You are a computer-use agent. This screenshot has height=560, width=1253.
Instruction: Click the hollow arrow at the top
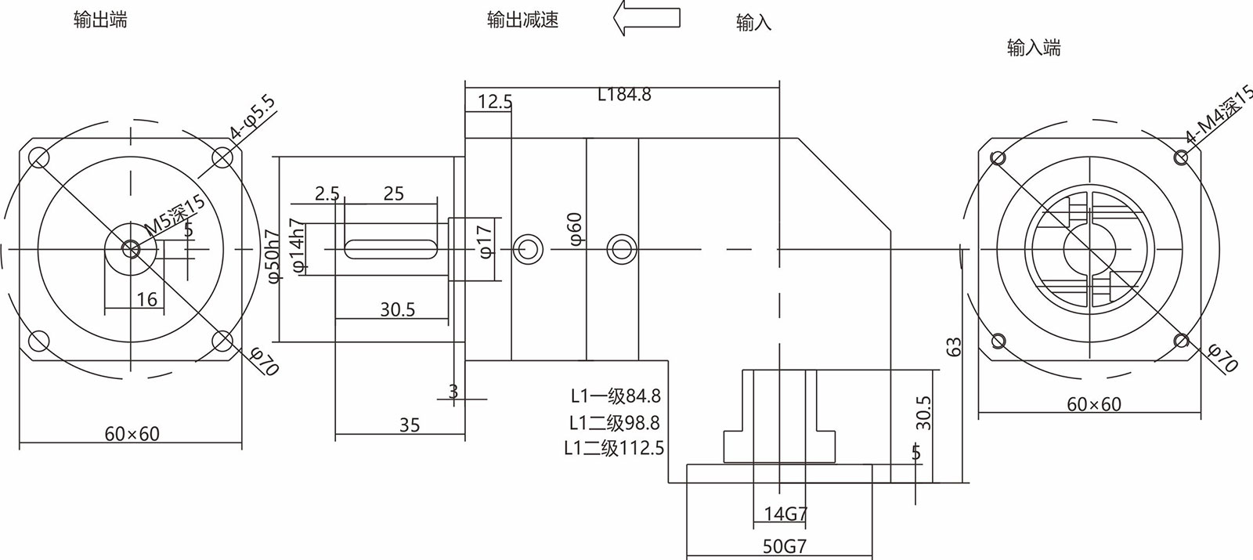tap(646, 17)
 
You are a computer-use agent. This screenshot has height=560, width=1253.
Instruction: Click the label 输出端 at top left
tap(100, 20)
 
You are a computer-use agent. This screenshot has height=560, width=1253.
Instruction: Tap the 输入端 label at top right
tap(1034, 48)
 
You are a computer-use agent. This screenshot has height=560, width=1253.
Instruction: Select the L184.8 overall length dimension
tap(624, 95)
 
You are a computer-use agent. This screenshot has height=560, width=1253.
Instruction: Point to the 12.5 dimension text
tap(495, 102)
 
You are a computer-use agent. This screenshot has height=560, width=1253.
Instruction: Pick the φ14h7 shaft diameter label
tap(297, 245)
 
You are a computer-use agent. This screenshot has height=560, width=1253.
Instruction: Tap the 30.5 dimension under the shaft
tap(397, 310)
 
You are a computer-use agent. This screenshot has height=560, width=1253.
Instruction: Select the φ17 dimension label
tap(484, 241)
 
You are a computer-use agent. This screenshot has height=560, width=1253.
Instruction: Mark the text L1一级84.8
tap(616, 396)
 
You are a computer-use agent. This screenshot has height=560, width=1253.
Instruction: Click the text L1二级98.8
tap(615, 423)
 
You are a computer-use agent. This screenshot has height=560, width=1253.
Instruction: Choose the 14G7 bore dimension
tap(785, 515)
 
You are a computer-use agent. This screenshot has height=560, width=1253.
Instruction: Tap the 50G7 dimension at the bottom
tap(785, 547)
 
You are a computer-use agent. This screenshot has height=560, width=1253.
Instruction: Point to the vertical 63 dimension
tap(954, 347)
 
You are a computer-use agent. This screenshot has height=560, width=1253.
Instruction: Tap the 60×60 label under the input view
tap(1094, 404)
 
